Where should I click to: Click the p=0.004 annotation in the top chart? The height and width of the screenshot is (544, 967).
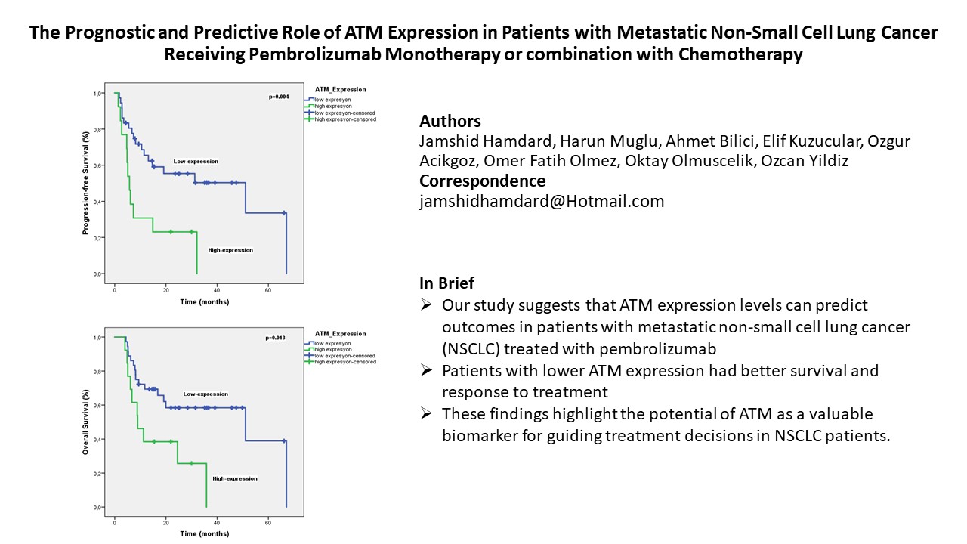coord(280,97)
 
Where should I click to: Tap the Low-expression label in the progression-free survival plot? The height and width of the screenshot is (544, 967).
coord(196,161)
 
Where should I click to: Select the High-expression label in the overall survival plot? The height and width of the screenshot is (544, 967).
coord(235,478)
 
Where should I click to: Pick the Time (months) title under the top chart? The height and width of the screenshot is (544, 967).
coord(205,302)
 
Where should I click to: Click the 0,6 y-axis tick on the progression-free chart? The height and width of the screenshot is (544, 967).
coord(98,165)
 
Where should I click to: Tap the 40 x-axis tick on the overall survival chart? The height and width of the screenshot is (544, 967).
coord(217,522)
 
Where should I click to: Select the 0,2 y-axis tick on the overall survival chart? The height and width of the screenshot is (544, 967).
coord(98,474)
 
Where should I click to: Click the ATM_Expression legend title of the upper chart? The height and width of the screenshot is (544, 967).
coord(340,90)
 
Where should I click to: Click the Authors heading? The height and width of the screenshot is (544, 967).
coord(450,122)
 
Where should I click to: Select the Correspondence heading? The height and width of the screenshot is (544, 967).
coord(482,181)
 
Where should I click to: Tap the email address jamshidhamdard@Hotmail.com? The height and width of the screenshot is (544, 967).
coord(542,201)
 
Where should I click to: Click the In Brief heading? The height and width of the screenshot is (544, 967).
coord(447,283)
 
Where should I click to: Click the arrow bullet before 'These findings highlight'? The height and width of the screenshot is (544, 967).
coord(427,414)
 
